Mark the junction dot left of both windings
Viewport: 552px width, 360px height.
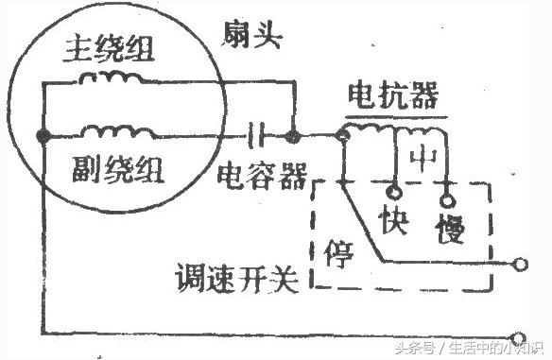(42, 138)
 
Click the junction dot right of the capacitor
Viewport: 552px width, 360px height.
(294, 138)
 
